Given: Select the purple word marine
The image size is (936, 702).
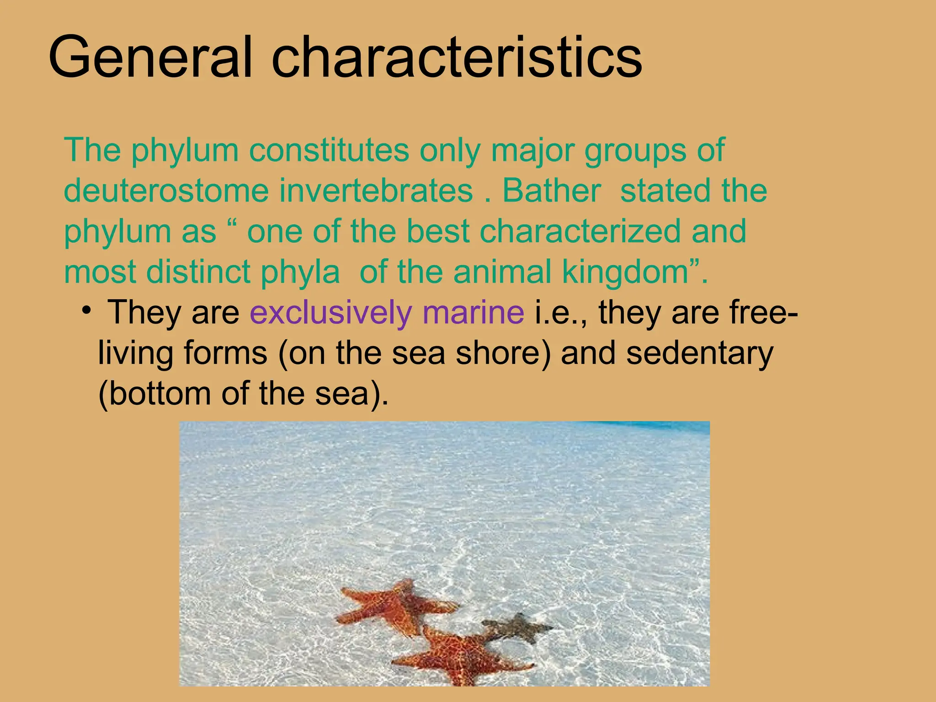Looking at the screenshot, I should tap(473, 313).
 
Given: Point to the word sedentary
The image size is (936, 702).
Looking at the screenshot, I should tap(700, 353).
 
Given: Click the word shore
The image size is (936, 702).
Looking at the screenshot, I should tap(503, 353).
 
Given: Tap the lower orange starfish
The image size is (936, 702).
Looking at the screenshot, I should tap(462, 658).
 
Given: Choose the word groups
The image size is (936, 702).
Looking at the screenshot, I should tap(635, 151).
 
